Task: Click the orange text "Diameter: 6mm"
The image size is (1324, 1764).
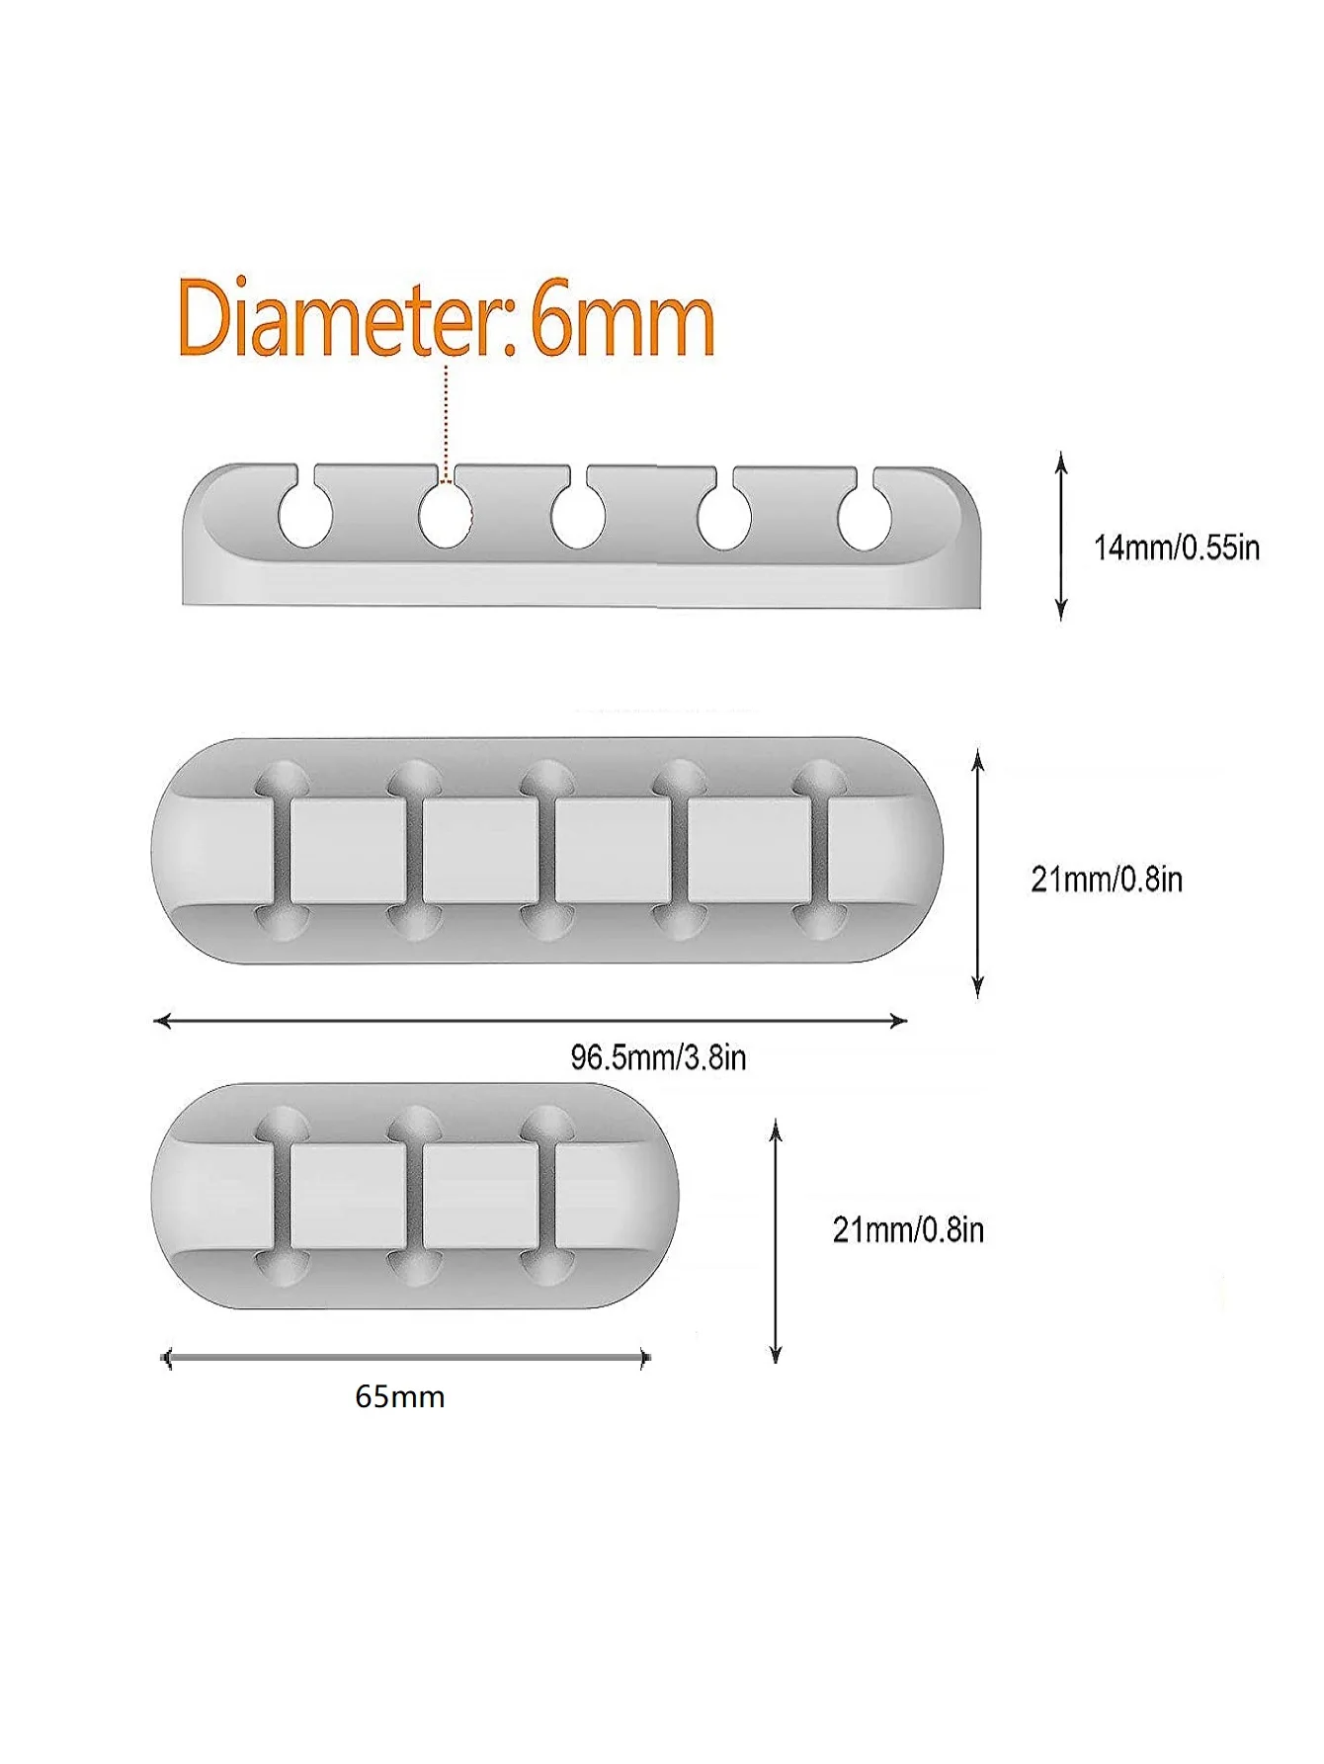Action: (x=446, y=319)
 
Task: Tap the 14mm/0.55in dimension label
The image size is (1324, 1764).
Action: (x=1176, y=547)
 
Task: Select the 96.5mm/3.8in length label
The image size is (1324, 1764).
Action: (x=658, y=1057)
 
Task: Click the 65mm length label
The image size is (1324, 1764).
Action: (x=400, y=1396)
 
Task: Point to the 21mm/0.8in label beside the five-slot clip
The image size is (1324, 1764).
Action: (x=1107, y=879)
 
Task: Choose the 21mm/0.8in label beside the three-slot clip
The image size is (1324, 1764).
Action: (x=908, y=1229)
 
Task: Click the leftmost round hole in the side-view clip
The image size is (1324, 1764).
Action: (x=304, y=516)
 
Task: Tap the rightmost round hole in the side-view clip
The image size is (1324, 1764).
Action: (x=865, y=518)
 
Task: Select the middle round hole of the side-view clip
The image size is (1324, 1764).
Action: (x=578, y=518)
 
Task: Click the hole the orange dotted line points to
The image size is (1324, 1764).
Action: (x=445, y=517)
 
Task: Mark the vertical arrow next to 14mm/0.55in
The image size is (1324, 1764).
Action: (x=1061, y=537)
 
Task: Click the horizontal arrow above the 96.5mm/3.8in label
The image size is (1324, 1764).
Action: (x=531, y=1021)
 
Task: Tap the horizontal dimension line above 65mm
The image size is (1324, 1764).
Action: (x=405, y=1359)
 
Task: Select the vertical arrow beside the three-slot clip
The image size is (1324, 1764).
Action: (x=777, y=1241)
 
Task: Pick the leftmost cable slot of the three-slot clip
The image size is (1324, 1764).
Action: (x=282, y=1197)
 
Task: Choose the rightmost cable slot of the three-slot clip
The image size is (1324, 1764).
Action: (x=546, y=1197)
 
